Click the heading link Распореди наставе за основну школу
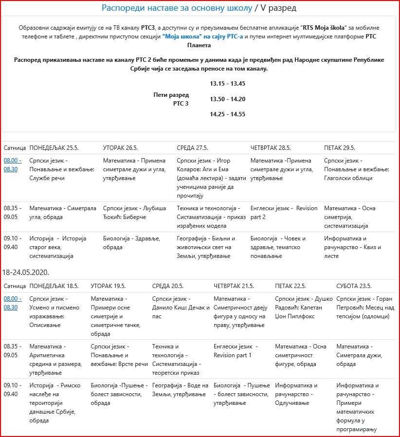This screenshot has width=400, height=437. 177,8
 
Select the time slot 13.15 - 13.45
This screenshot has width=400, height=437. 227,83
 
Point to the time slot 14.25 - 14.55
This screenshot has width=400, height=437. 227,114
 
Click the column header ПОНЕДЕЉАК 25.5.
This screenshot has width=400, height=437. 54,147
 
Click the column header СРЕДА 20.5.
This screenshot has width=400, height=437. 167,286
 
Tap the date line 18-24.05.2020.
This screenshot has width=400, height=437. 26,272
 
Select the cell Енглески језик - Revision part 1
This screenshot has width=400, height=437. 236,350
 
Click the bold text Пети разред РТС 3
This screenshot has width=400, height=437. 171,99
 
